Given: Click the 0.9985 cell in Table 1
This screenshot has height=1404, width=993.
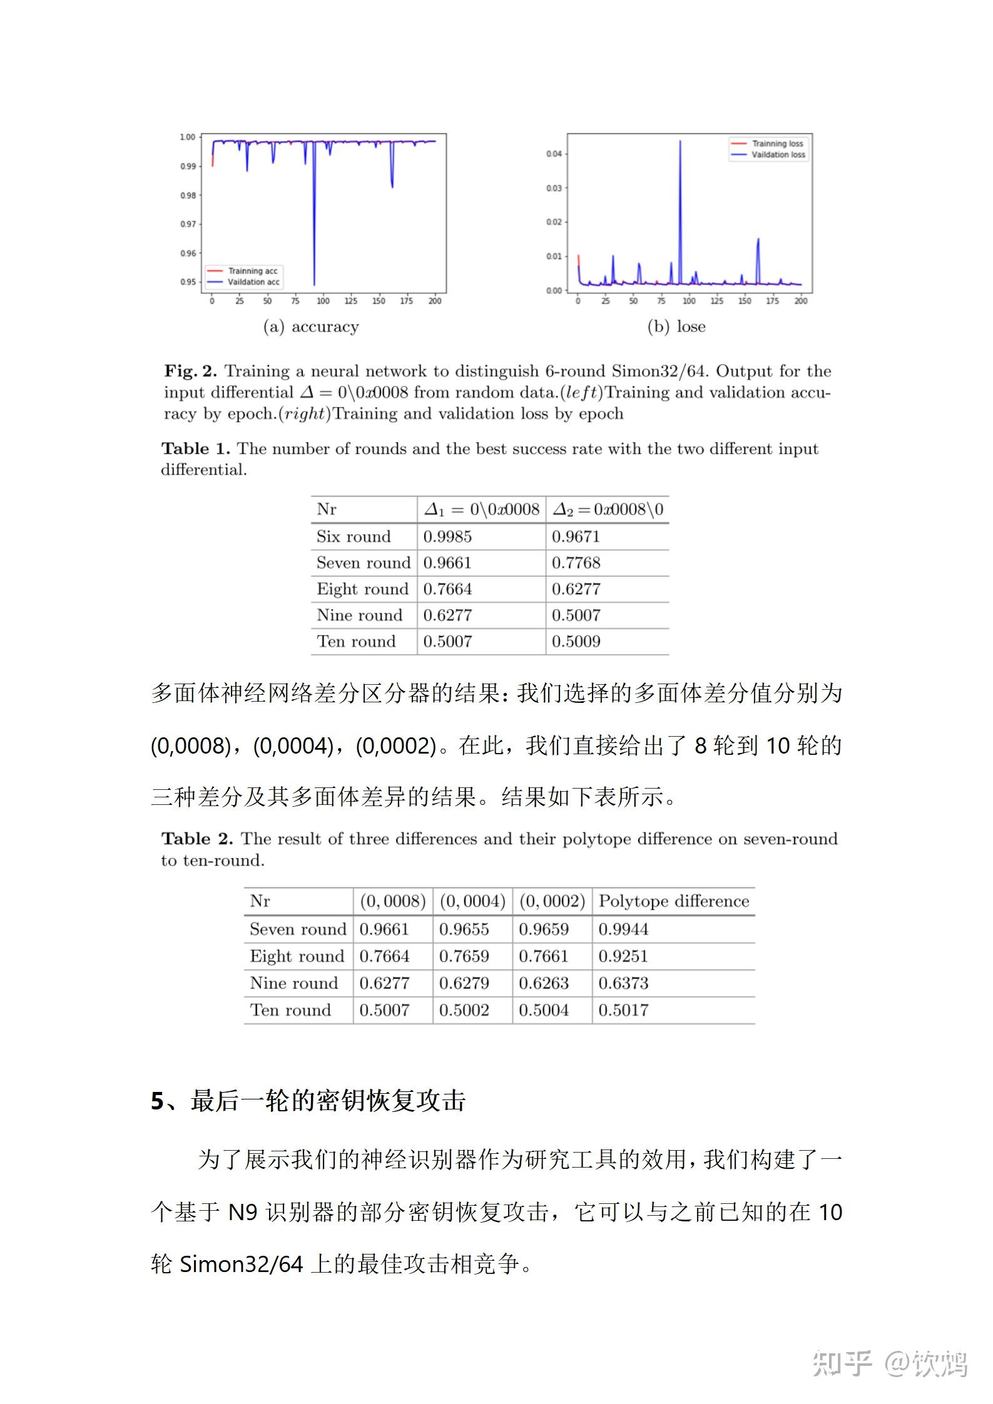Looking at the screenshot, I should pyautogui.click(x=447, y=537).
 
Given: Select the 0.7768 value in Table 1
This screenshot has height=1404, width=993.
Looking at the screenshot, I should pyautogui.click(x=576, y=563).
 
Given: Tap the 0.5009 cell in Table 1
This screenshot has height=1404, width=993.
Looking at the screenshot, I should pyautogui.click(x=576, y=642).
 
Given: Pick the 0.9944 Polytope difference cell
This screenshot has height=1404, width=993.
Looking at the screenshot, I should pyautogui.click(x=623, y=929).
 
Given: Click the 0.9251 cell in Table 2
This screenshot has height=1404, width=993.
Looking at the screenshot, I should pyautogui.click(x=623, y=956).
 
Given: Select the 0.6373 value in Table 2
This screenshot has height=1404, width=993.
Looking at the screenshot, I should pyautogui.click(x=623, y=983).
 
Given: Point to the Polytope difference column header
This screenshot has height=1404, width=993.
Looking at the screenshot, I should pyautogui.click(x=673, y=901).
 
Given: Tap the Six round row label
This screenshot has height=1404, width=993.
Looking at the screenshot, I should pyautogui.click(x=354, y=537).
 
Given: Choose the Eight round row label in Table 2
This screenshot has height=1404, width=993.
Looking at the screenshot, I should pyautogui.click(x=297, y=956).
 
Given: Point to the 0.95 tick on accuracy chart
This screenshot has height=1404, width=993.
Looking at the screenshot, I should pyautogui.click(x=188, y=282).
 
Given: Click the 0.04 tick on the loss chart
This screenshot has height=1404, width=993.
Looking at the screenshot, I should pyautogui.click(x=554, y=154).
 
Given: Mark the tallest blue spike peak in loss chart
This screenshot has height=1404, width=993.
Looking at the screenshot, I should pyautogui.click(x=680, y=142).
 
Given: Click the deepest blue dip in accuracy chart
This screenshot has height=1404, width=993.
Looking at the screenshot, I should pyautogui.click(x=314, y=284).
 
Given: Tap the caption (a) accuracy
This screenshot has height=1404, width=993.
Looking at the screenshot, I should pyautogui.click(x=311, y=326).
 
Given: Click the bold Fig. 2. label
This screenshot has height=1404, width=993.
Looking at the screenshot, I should pyautogui.click(x=190, y=371).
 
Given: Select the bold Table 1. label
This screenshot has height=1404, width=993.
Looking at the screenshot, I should pyautogui.click(x=195, y=449).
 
